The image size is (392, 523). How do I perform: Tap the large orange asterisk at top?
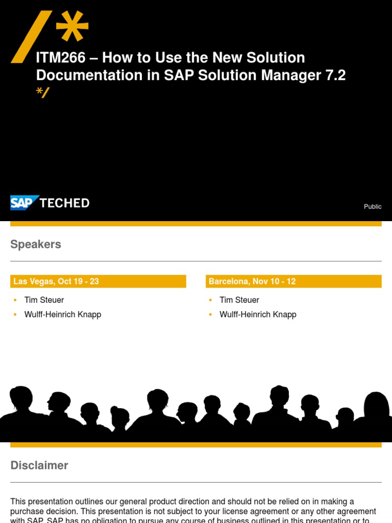pyautogui.click(x=72, y=27)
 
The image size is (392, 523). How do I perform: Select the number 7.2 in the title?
pyautogui.click(x=335, y=76)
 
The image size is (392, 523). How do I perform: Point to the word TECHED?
pyautogui.click(x=64, y=203)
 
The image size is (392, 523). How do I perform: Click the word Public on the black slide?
pyautogui.click(x=373, y=206)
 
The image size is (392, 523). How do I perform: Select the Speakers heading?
pyautogui.click(x=36, y=244)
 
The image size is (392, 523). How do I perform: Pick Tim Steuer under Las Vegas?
pyautogui.click(x=44, y=300)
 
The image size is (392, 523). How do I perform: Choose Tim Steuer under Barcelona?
pyautogui.click(x=239, y=300)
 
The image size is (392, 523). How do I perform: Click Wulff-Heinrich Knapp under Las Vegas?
pyautogui.click(x=63, y=315)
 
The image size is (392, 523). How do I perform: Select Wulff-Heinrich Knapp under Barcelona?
pyautogui.click(x=258, y=315)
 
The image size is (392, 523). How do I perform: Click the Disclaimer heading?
pyautogui.click(x=39, y=465)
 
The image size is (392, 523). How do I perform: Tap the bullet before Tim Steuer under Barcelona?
pyautogui.click(x=210, y=300)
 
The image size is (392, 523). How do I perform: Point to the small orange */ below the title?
pyautogui.click(x=42, y=92)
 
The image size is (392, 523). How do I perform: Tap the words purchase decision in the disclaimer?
pyautogui.click(x=42, y=511)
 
